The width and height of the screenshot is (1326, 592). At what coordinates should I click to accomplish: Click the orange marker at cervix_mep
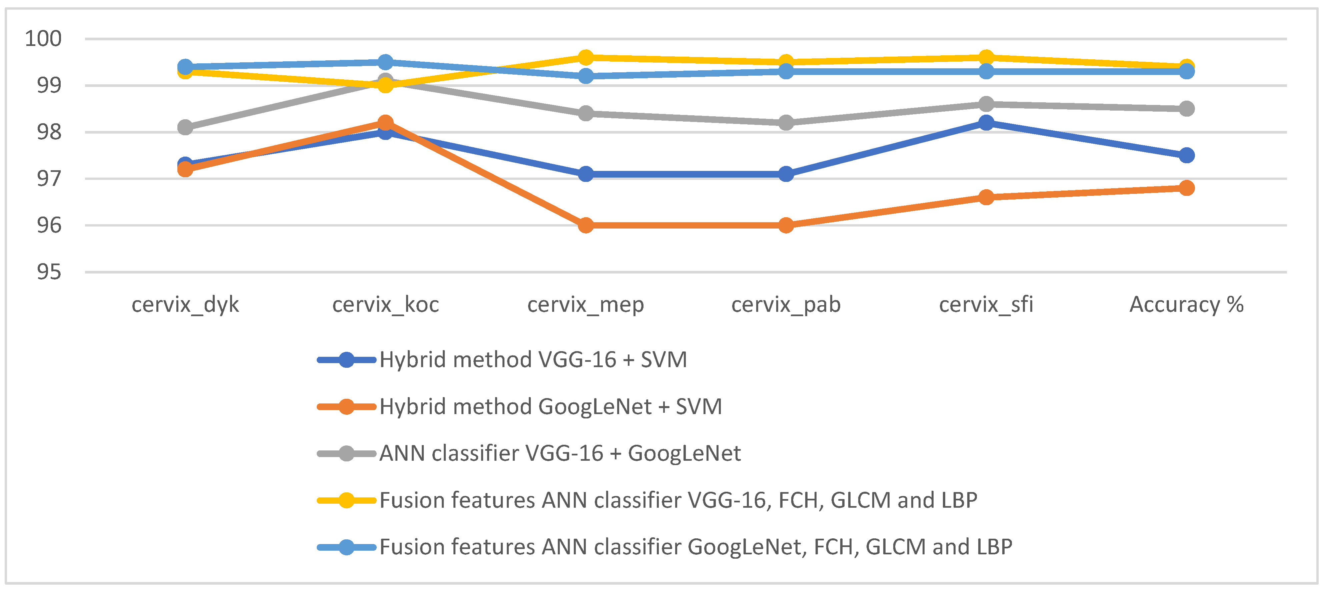point(585,225)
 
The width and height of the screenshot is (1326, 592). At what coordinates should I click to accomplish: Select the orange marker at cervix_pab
point(786,225)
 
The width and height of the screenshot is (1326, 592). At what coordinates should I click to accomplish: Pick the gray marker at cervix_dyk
point(185,127)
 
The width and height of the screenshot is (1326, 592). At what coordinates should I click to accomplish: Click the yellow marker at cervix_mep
point(585,57)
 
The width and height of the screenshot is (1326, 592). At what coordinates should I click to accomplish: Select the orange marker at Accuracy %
point(1187,188)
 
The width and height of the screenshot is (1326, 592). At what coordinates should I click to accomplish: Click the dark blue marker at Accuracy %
point(1187,155)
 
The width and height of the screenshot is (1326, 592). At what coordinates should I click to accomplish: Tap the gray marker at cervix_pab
point(786,122)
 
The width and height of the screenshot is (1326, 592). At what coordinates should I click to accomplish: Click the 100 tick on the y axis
point(43,39)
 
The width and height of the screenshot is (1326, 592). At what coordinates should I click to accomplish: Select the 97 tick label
point(49,179)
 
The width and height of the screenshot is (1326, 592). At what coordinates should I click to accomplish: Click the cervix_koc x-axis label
point(385,304)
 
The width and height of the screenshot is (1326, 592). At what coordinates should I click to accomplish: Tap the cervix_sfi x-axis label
point(986,304)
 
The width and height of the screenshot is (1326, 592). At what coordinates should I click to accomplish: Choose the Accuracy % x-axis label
point(1187,304)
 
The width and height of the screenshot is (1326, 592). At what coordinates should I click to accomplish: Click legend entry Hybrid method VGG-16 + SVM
point(533,359)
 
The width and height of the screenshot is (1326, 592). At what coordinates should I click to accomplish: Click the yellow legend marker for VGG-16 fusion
point(346,500)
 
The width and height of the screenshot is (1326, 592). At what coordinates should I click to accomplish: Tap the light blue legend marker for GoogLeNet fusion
point(346,547)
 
